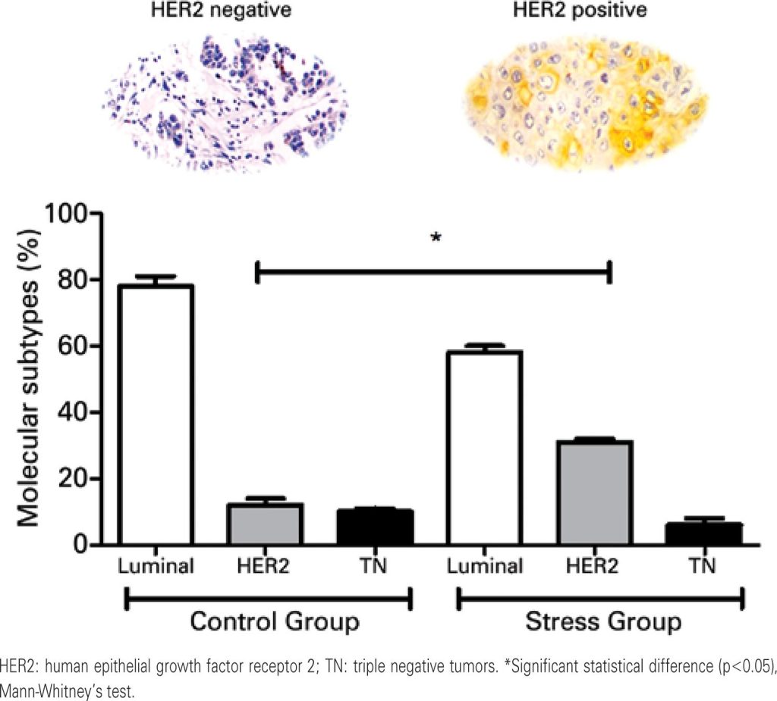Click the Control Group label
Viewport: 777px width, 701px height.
[x=274, y=622]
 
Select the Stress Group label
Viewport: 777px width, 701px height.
[x=602, y=622]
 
